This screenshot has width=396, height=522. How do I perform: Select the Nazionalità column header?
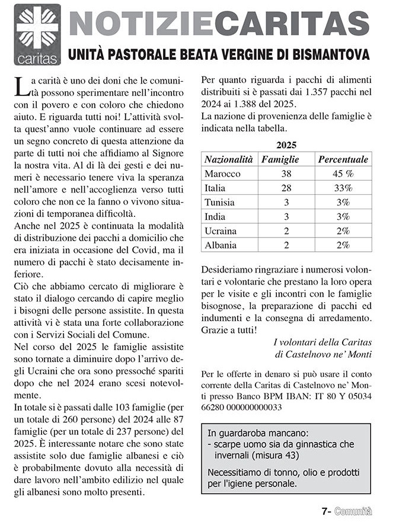(228, 159)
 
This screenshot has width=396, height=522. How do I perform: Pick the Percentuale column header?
(343, 159)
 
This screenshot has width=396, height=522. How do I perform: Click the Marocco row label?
(222, 174)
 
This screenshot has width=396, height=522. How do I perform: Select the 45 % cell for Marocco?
(343, 174)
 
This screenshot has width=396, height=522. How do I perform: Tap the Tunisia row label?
(219, 202)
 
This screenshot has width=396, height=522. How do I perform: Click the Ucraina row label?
(220, 230)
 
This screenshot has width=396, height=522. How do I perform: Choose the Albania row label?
(220, 245)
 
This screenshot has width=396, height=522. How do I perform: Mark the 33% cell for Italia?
(343, 188)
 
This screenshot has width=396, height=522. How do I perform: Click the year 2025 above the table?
(286, 145)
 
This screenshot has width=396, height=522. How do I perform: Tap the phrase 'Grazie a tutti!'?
(228, 330)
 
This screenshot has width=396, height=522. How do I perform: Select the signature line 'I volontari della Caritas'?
(322, 342)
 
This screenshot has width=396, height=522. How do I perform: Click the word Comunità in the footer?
(352, 511)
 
